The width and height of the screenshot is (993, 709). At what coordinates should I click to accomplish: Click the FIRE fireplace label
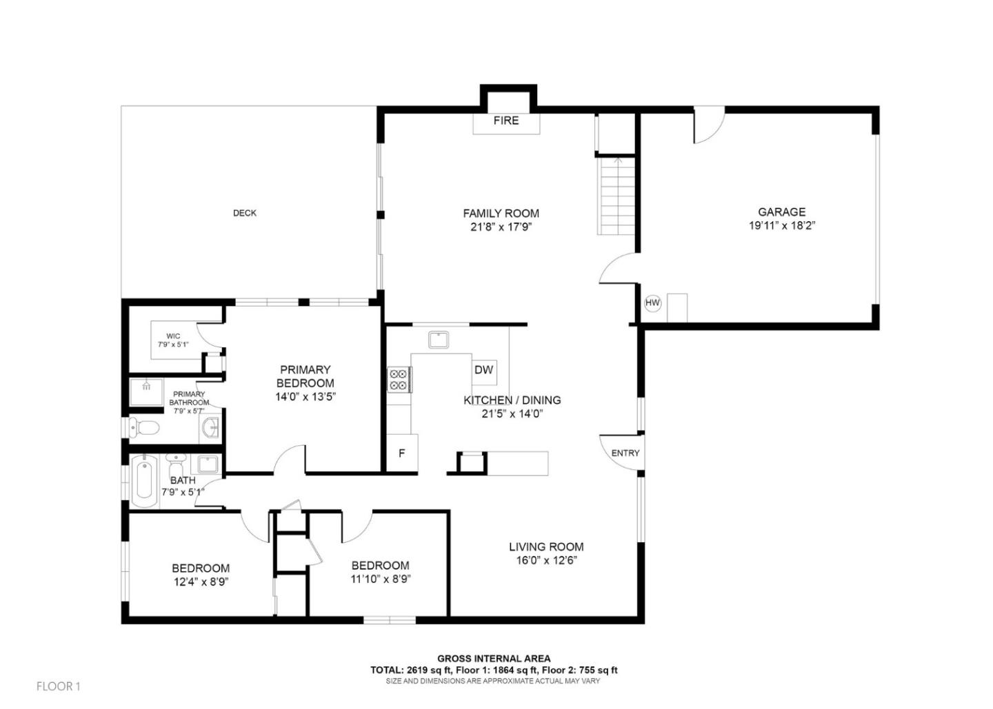[x=505, y=121]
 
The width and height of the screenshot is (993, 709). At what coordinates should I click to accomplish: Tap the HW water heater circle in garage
[x=652, y=303]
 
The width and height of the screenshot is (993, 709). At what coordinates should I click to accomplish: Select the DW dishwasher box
[x=483, y=370]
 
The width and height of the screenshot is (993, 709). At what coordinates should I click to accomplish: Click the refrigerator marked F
[x=402, y=453]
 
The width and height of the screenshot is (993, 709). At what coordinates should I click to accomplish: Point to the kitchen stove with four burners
[x=399, y=380]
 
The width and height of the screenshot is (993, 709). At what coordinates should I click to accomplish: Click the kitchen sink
[x=438, y=340]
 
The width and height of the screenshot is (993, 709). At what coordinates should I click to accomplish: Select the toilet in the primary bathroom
[x=144, y=428]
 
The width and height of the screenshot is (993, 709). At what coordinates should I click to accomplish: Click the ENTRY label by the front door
[x=625, y=453]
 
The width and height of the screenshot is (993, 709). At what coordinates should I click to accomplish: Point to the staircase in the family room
[x=616, y=196]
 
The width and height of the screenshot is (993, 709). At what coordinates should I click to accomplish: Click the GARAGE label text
[x=781, y=212]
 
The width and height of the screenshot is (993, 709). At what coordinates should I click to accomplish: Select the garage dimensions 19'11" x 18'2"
[x=782, y=226]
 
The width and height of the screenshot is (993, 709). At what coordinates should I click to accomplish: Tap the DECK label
[x=244, y=214]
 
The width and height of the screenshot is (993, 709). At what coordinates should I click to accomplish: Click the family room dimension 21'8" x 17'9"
[x=501, y=227]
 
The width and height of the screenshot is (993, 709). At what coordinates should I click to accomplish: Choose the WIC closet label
[x=173, y=337]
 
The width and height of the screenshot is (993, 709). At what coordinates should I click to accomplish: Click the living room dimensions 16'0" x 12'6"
[x=546, y=561]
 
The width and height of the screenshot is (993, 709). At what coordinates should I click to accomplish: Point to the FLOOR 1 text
[x=59, y=686]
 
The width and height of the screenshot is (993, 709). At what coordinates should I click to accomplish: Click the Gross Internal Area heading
[x=494, y=659]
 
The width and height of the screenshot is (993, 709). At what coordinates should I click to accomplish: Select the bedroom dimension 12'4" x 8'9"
[x=201, y=582]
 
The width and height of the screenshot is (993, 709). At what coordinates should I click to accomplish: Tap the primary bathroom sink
[x=210, y=429]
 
